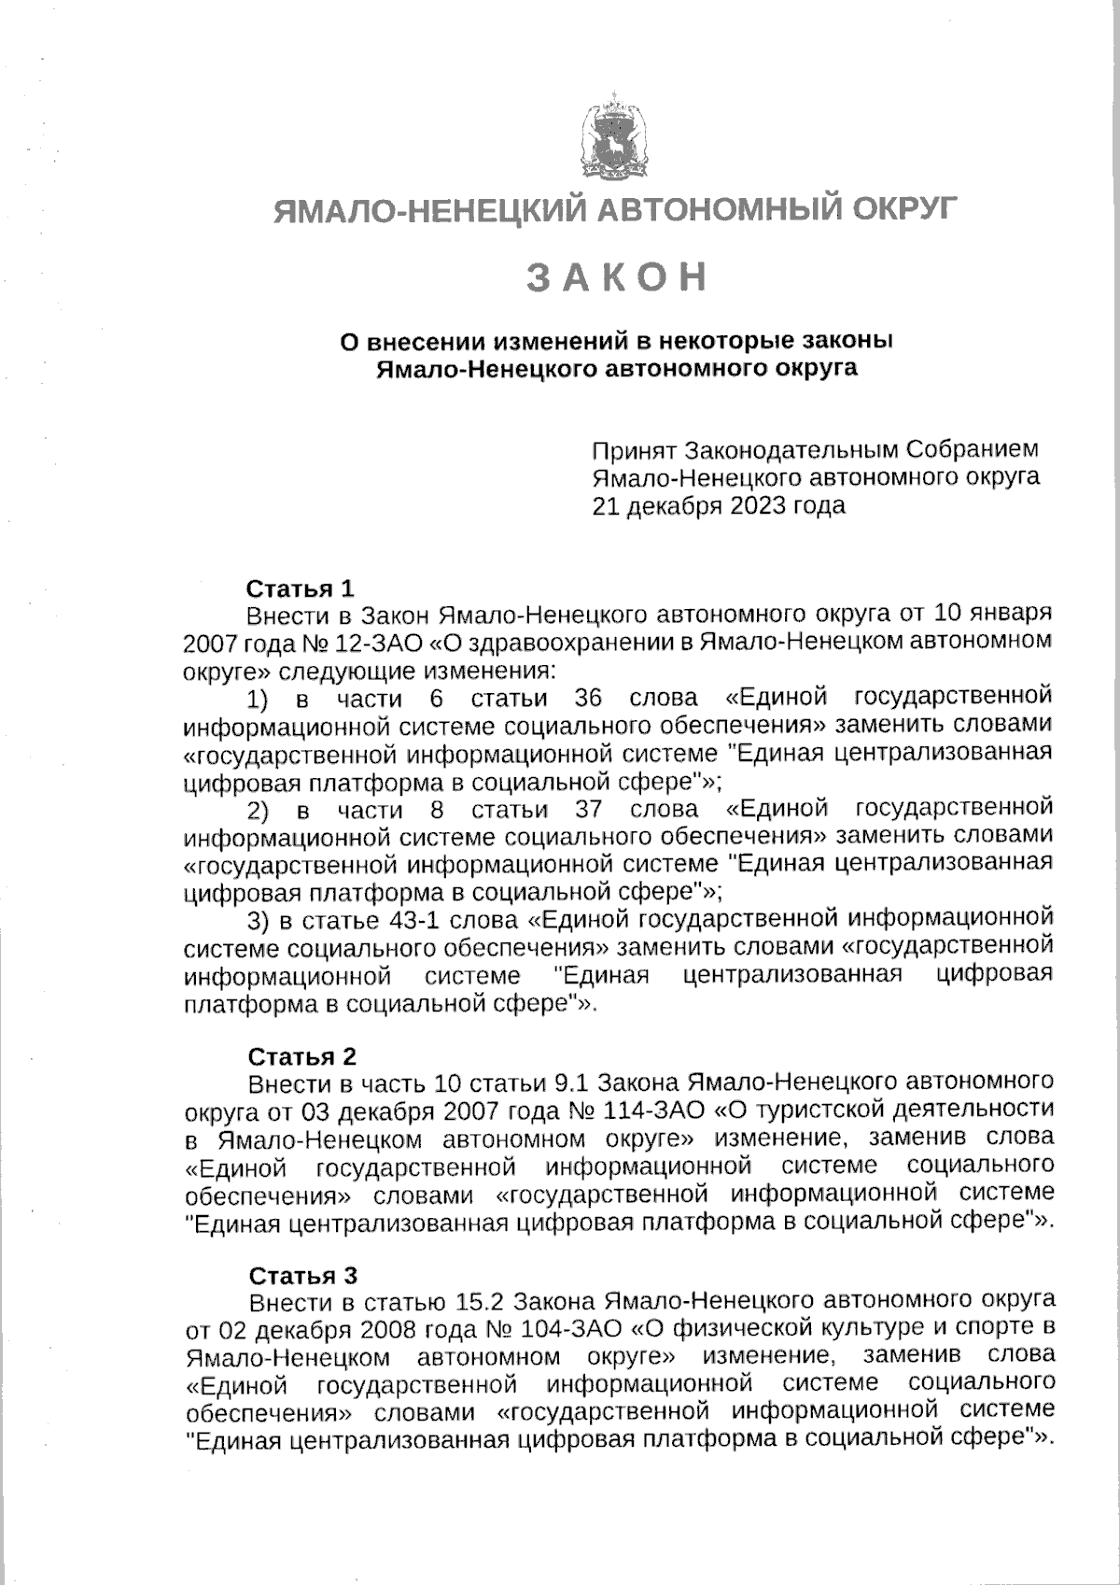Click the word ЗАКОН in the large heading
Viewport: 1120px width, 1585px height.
click(x=617, y=277)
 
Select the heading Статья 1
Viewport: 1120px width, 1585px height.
click(x=301, y=588)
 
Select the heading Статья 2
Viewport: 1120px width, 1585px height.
click(x=301, y=1056)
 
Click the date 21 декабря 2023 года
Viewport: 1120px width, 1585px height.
click(x=719, y=506)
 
